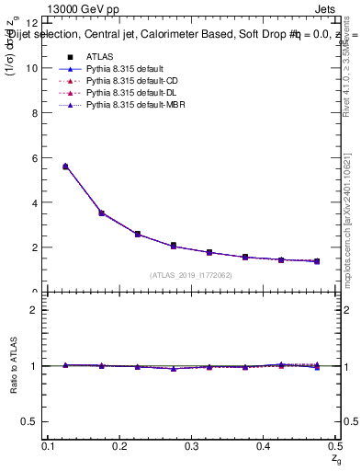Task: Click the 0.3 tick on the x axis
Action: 191,445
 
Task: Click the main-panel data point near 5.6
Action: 65,167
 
